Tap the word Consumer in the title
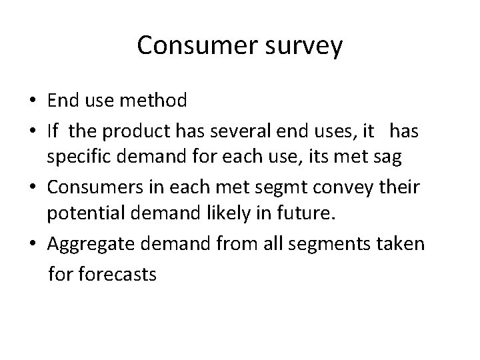189,45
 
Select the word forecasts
121,273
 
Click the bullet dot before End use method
32,102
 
